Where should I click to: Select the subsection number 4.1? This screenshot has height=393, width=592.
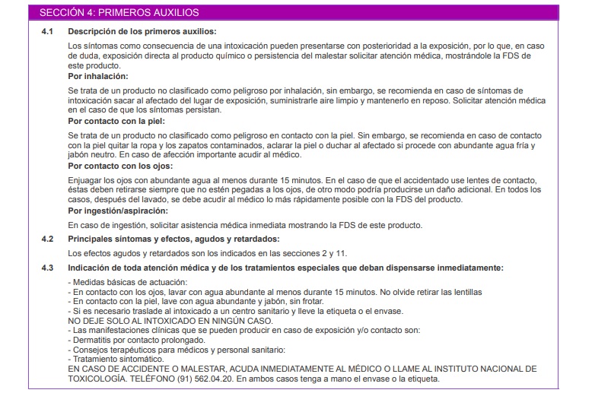click(x=47, y=31)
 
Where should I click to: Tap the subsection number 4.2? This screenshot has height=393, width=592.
click(x=47, y=239)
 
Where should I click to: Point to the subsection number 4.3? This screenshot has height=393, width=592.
click(x=47, y=268)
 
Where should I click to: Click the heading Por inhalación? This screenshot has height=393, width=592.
click(x=97, y=76)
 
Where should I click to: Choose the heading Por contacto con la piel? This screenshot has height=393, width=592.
click(x=116, y=120)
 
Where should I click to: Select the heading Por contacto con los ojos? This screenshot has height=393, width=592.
click(x=119, y=165)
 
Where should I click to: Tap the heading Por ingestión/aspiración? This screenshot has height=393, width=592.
click(x=116, y=210)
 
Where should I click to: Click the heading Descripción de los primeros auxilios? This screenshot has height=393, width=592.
click(x=142, y=31)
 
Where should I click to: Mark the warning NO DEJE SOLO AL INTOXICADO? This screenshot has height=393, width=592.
click(x=149, y=321)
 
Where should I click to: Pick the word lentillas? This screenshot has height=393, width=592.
click(x=465, y=292)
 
